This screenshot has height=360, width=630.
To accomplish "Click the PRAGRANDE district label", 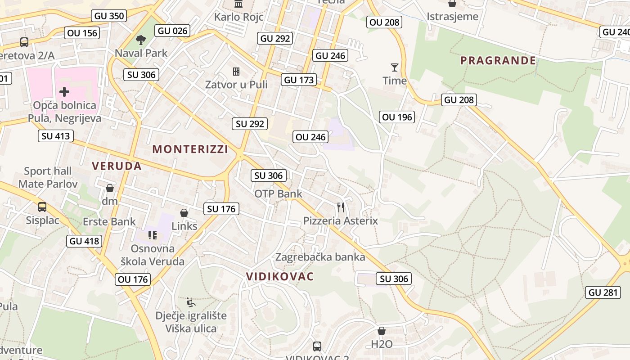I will (498, 60).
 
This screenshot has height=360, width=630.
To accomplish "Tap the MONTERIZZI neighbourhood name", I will (190, 149).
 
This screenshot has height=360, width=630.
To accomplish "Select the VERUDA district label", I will (117, 166).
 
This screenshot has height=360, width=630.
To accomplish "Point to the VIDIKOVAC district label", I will (280, 276).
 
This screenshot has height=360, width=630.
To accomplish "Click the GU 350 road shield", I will (109, 16).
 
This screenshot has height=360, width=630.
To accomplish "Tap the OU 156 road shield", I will (82, 33).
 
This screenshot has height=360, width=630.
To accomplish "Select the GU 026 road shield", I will (173, 31).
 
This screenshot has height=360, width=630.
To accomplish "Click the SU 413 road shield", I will (56, 135).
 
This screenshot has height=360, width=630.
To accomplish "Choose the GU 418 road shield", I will (85, 241).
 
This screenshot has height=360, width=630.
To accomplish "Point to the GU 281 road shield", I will (604, 292).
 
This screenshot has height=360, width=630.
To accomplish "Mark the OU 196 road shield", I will (397, 117).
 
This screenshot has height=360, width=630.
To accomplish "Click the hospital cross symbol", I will (64, 92).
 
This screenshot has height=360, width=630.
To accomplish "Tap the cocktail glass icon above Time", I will (395, 67).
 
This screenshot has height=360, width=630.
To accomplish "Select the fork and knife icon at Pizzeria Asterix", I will (341, 207).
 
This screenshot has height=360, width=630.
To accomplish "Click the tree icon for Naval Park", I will (141, 40).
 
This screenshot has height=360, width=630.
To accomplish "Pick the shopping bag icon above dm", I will (109, 188).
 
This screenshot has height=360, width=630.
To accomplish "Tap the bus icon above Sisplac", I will (42, 207).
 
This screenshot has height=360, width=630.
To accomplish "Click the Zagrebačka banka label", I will (320, 257).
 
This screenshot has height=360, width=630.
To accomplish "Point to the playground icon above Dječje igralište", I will (191, 302).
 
